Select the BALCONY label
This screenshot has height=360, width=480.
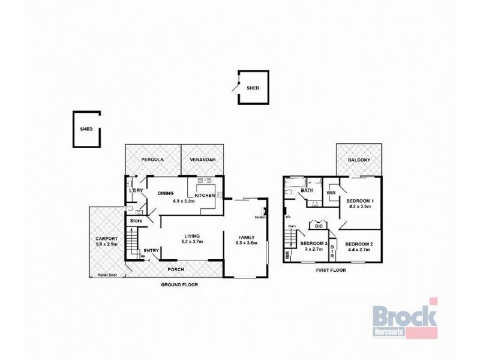click(x=359, y=160)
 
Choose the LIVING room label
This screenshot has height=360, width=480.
click(x=193, y=236)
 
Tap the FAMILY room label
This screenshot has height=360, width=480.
click(x=247, y=236)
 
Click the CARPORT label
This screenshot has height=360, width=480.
click(x=106, y=238)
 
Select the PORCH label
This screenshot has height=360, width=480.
click(x=175, y=269)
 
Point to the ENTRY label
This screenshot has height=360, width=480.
click(x=151, y=251)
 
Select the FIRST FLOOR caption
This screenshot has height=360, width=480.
click(x=331, y=271)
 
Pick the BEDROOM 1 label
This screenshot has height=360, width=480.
click(x=360, y=200)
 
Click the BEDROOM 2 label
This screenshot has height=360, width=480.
click(x=360, y=244)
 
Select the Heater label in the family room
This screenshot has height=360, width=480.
click(x=260, y=217)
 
